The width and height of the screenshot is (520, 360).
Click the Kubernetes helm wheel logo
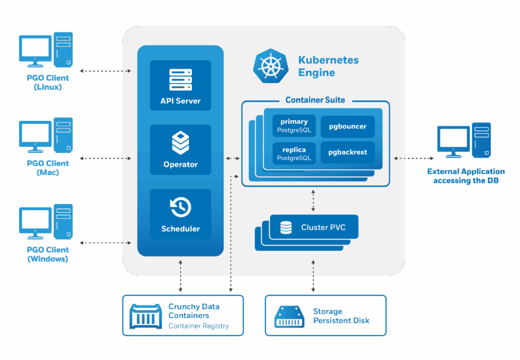point(269,66)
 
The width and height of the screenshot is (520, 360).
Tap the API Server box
point(180,85)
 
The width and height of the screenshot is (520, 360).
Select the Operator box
point(180,150)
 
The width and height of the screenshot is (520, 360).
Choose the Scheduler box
point(180,214)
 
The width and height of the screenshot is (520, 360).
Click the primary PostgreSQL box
point(294,126)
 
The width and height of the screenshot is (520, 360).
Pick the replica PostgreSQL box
point(294,153)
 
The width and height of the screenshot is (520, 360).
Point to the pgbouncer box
point(347,126)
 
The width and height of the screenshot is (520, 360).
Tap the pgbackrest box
point(347,152)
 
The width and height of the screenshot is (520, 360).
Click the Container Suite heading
point(315,100)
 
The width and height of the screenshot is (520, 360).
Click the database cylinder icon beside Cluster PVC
point(286,227)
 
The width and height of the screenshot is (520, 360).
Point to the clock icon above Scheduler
point(180,207)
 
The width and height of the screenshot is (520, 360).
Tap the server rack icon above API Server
point(180,80)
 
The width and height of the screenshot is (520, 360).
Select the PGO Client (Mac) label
point(47,168)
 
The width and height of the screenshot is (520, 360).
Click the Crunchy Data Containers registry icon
point(145,316)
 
